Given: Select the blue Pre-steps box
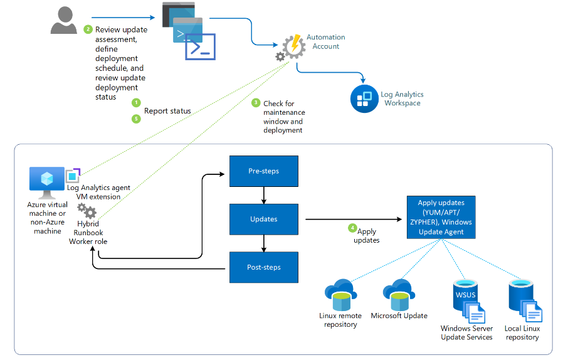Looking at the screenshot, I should tap(263, 171).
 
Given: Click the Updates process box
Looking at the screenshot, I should tap(263, 219).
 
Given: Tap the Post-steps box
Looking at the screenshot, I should tap(263, 267).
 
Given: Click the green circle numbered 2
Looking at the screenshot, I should tap(88, 29).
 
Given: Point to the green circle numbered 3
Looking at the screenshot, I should tap(255, 102).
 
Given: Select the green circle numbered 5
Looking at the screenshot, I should tap(136, 119).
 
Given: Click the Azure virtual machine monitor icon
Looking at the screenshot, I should tap(47, 181).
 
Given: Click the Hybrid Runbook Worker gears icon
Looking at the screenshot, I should tap(87, 211).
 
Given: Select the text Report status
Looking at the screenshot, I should tap(167, 111).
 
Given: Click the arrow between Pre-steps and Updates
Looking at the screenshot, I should tap(263, 195).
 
